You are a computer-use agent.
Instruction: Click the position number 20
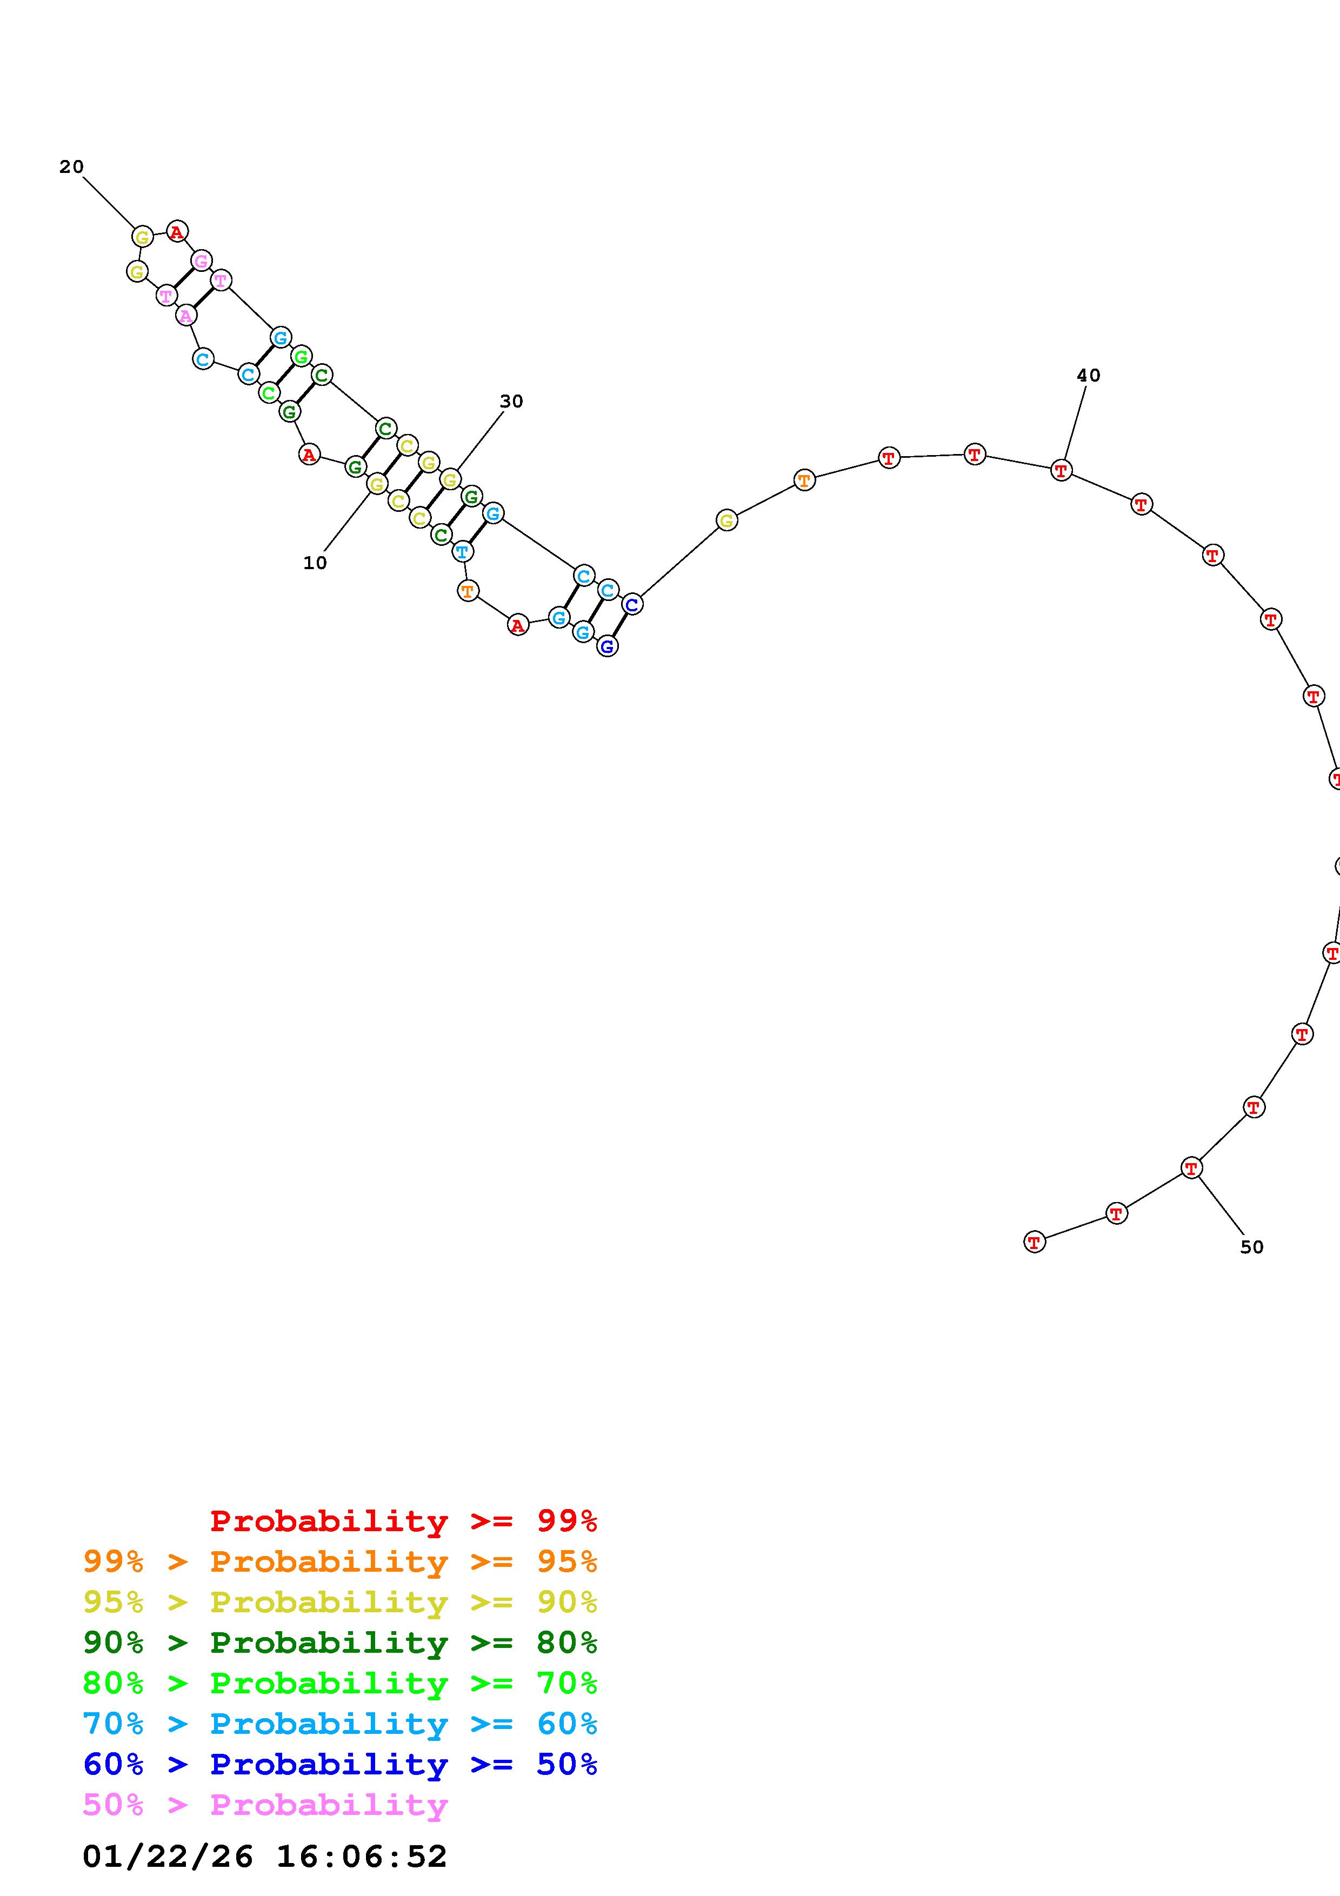pos(72,167)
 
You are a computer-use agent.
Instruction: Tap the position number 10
pos(315,563)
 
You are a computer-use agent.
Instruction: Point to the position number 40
pos(1088,376)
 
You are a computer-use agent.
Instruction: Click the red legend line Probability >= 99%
pos(404,1521)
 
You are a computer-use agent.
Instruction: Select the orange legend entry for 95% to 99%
pos(340,1561)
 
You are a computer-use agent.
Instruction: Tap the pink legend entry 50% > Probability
pos(266,1804)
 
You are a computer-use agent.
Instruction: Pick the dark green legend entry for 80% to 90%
pos(340,1643)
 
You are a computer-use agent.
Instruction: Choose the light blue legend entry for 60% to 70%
pos(340,1724)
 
